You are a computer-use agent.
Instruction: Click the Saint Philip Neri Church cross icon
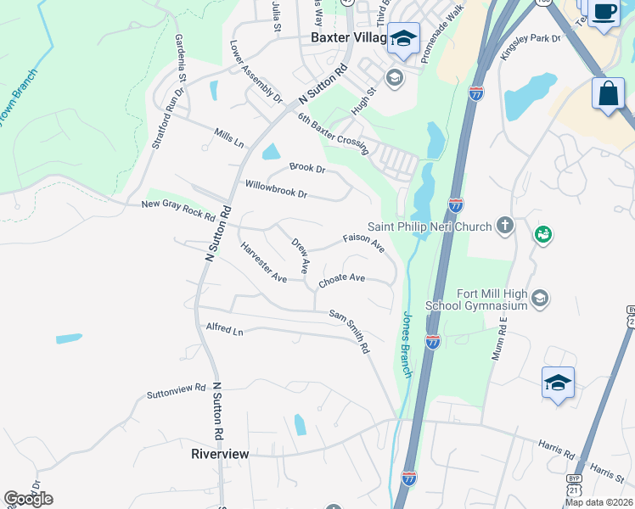505,226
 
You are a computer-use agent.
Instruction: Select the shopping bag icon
609,93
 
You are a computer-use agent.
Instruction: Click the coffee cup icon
604,12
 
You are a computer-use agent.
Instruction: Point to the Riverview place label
220,454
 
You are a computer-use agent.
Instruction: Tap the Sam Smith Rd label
350,330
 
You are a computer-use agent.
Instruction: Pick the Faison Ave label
363,243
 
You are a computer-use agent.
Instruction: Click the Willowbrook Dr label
276,188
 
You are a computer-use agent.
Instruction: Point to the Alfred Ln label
224,329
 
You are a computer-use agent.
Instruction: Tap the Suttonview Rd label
176,391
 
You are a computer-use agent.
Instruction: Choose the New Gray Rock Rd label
178,208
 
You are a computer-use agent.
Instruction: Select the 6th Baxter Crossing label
333,132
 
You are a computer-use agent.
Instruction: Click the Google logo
28,499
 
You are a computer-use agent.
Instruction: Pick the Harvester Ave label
263,262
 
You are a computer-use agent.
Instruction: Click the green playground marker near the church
543,233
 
